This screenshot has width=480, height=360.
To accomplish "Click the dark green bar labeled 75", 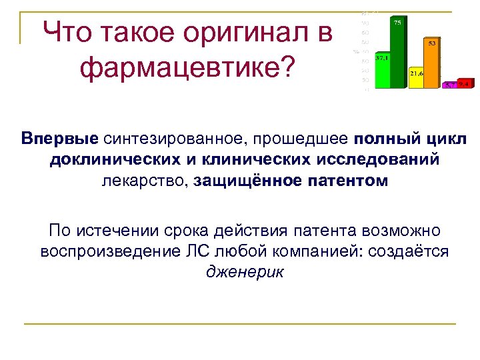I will click(x=398, y=53).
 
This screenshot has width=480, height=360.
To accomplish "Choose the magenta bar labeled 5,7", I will click(x=450, y=85).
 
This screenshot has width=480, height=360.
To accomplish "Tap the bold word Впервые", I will click(x=59, y=139).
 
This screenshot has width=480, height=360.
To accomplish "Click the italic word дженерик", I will click(x=245, y=272).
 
